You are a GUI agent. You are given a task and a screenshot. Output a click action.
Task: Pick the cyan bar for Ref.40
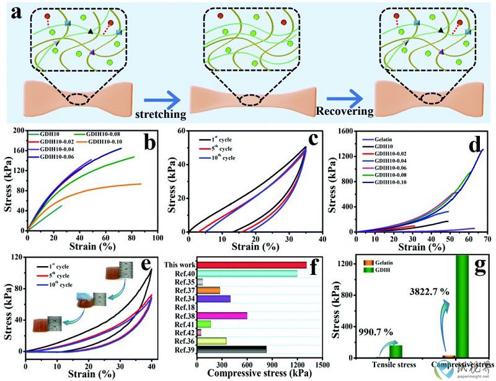pos(248,273)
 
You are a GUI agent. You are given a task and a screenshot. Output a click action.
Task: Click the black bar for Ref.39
pos(232,349)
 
